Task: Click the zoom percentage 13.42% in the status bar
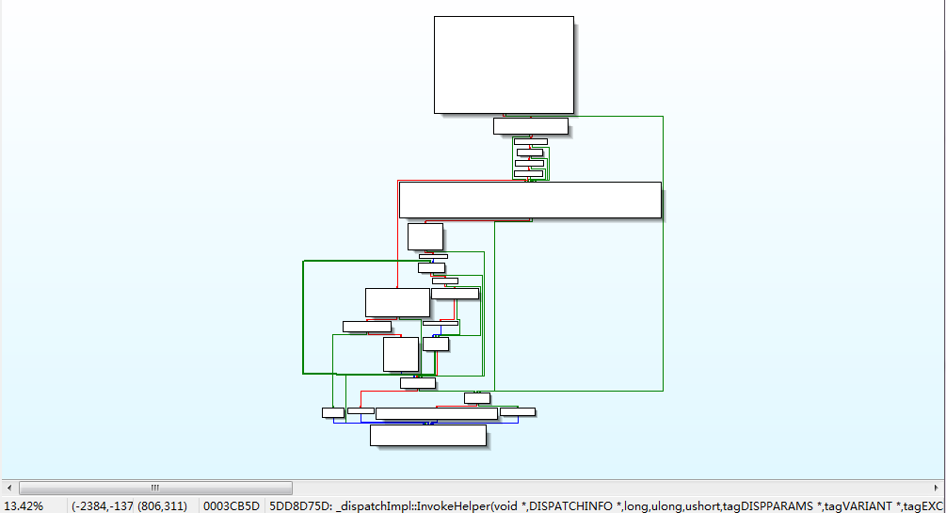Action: tap(24, 505)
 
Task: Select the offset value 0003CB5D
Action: tap(231, 505)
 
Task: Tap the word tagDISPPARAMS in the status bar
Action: tap(767, 505)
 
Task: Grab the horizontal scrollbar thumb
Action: tap(155, 488)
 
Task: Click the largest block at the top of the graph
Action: tap(504, 65)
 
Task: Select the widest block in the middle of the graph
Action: tap(530, 200)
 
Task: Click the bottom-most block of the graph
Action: tap(427, 435)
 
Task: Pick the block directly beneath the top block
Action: tap(530, 126)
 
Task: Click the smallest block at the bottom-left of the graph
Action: tap(332, 412)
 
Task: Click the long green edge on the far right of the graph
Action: tap(663, 254)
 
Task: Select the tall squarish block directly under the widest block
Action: tap(425, 236)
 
